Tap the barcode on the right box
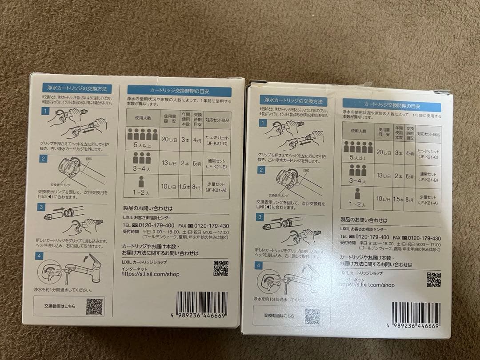416,315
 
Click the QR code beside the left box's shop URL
220,268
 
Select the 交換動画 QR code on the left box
94,306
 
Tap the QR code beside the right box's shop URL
433,280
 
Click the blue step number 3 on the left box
42,207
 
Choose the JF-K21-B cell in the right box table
428,177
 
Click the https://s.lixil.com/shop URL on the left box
151,274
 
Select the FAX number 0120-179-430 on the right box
424,238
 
